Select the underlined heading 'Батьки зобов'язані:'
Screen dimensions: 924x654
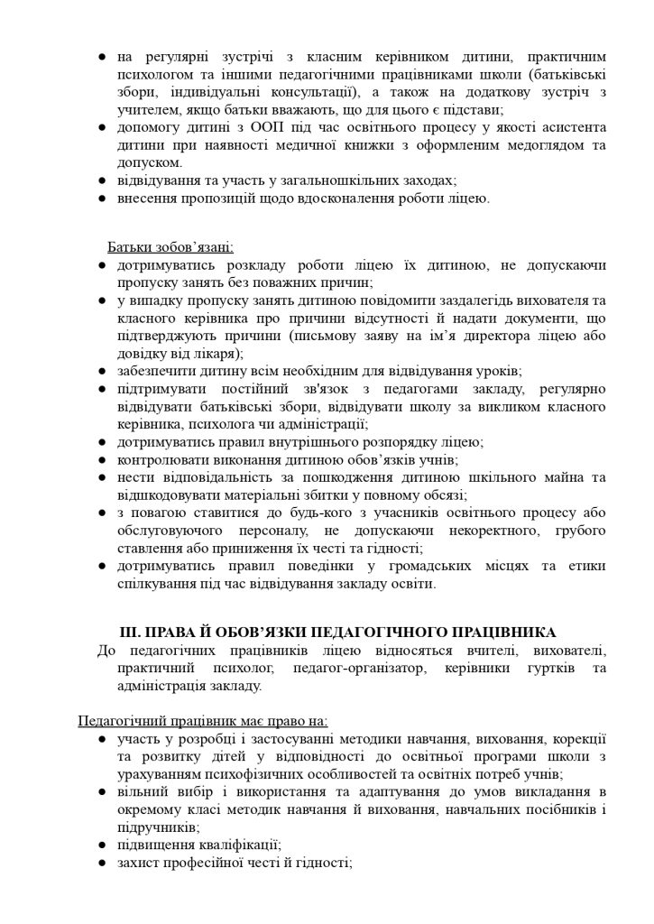(x=170, y=246)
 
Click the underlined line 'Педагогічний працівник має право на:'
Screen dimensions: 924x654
(x=203, y=721)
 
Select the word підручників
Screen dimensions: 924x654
(x=157, y=827)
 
